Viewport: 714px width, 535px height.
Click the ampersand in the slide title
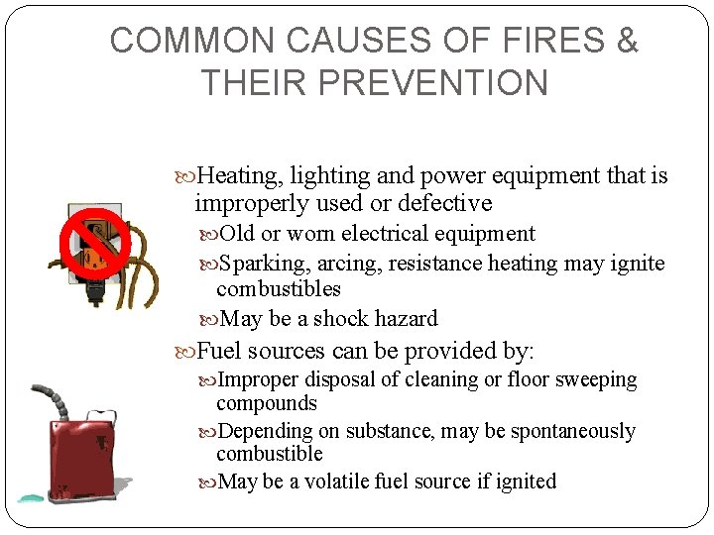(627, 41)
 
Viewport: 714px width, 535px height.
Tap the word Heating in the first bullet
(238, 176)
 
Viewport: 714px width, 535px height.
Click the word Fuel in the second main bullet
(219, 351)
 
